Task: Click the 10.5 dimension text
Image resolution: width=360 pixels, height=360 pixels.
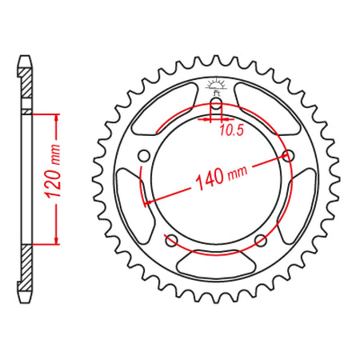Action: click(x=232, y=130)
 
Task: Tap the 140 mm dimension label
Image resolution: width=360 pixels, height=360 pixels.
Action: click(x=221, y=177)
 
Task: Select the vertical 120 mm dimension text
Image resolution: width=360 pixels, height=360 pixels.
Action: click(x=52, y=171)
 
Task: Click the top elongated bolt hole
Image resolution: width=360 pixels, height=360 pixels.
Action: click(x=216, y=106)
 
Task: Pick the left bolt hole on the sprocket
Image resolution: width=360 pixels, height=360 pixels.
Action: click(x=144, y=156)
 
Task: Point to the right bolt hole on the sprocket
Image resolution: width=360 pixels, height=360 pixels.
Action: click(x=288, y=156)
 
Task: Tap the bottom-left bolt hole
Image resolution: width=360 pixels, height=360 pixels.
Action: click(x=171, y=241)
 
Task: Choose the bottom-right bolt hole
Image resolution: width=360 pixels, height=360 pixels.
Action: click(x=261, y=241)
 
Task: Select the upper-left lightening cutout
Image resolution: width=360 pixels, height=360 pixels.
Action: click(x=163, y=110)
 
